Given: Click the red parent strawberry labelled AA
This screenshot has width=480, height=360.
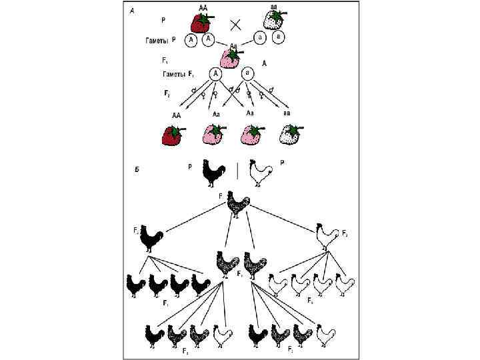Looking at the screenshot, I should pos(201,22).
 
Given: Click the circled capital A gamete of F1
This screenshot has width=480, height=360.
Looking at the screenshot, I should pos(215,74).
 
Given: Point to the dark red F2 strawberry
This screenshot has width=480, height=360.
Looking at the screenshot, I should pos(173,135).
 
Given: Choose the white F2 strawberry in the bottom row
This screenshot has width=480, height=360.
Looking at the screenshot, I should pos(289,135).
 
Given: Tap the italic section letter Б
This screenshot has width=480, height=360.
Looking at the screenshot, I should pos(136,170).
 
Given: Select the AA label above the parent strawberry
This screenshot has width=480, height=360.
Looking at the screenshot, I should pos(203,6).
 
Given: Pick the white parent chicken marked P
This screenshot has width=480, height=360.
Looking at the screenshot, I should pos(259,174).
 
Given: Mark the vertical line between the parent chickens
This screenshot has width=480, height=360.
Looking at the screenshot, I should pos(237,171).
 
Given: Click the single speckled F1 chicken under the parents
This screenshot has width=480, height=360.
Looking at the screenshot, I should pos(237,205).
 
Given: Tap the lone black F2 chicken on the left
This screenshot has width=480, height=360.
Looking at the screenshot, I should pos(153,238).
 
